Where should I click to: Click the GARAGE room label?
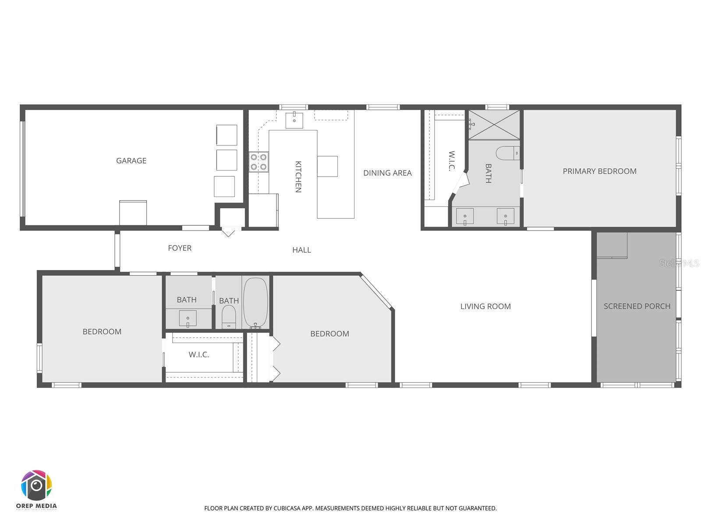point(131,161)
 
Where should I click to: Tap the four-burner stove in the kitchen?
point(258,161)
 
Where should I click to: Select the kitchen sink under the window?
point(294,120)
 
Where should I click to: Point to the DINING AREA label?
point(387,173)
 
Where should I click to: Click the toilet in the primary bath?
point(507,153)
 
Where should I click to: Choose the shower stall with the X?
point(494,125)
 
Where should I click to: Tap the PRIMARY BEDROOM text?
point(599,171)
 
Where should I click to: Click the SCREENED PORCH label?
point(637,306)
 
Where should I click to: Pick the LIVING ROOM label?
point(485,306)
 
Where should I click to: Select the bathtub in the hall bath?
point(255,302)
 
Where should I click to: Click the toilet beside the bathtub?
point(229,316)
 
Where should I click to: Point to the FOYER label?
point(180,248)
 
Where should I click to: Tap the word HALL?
point(301,250)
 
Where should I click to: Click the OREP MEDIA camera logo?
point(37,486)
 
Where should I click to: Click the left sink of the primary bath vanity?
point(464,217)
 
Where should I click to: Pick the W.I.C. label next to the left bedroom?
point(199,355)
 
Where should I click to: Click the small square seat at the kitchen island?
point(327,166)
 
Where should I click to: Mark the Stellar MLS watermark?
point(679,263)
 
